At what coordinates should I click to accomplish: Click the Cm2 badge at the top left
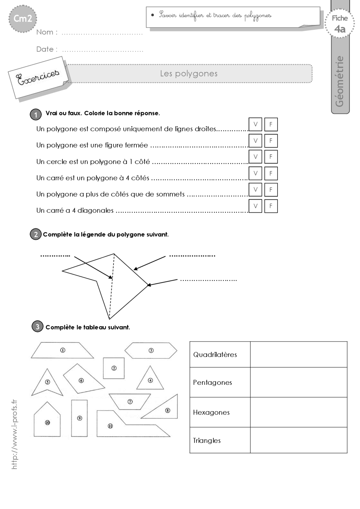click(22, 19)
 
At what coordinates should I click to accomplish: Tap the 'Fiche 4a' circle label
click(340, 24)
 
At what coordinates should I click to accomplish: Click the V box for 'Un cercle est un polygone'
click(255, 157)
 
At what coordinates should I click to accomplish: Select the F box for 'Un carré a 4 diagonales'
click(271, 206)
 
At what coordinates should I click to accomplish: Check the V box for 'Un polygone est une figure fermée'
click(255, 141)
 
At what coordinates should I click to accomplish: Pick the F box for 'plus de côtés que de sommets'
click(271, 190)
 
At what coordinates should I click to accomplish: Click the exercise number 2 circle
click(36, 234)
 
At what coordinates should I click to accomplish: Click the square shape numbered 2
click(114, 368)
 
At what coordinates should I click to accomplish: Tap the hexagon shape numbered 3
click(151, 350)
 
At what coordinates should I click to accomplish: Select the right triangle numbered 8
click(168, 410)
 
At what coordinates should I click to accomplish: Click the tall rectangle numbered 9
click(79, 418)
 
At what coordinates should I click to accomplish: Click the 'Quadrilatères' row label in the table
click(215, 355)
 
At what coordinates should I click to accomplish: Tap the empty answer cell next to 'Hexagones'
click(298, 412)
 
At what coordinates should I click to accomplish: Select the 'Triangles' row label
click(207, 440)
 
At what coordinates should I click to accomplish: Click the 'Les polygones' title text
click(189, 74)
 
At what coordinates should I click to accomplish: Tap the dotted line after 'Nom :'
click(102, 33)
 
